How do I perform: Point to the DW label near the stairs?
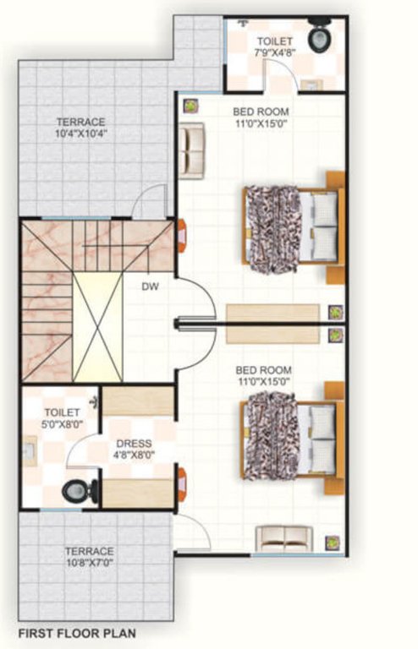(151, 286)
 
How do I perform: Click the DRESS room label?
(135, 443)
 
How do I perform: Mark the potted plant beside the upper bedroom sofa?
(192, 106)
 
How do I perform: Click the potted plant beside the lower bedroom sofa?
(333, 542)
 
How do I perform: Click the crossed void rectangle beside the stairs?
(98, 325)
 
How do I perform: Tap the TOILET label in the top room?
(275, 41)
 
